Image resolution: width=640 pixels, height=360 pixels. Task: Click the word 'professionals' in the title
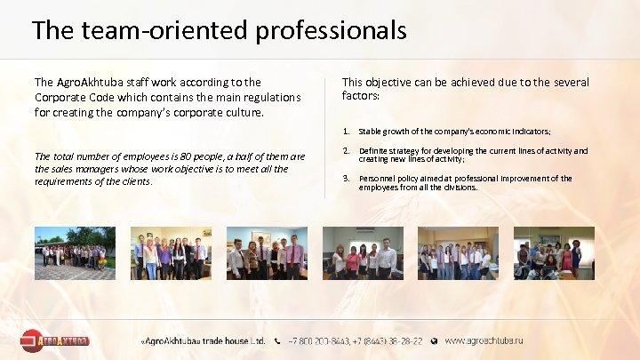tap(332, 31)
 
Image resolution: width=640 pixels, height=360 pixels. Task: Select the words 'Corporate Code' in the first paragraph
tap(76, 97)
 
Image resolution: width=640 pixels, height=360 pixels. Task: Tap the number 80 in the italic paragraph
tap(166, 156)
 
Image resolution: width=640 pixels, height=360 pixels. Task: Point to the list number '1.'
tap(346, 131)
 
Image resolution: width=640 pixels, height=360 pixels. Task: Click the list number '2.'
tap(346, 151)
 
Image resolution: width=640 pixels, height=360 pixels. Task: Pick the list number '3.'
tap(346, 178)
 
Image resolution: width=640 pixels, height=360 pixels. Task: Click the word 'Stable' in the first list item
tap(370, 131)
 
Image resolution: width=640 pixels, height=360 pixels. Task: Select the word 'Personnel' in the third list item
tap(377, 178)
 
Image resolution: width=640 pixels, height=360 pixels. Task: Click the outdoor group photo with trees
tap(75, 253)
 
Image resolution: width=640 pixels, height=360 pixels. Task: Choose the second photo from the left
tap(171, 253)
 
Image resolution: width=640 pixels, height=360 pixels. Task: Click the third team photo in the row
tap(267, 253)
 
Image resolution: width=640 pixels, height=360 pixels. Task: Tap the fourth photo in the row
tap(363, 253)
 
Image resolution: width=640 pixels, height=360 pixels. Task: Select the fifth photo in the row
tap(458, 253)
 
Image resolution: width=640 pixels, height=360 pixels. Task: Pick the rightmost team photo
tap(555, 253)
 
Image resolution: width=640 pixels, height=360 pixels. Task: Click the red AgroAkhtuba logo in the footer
tap(55, 340)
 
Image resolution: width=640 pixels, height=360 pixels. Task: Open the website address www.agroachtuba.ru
tap(484, 340)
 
